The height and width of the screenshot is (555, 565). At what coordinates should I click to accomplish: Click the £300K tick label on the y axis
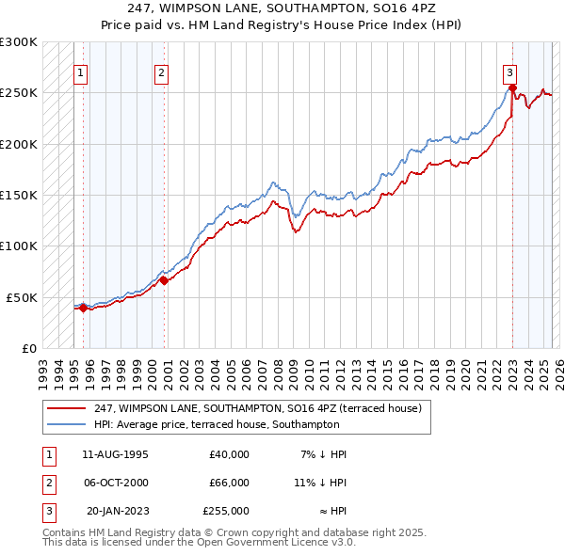(19, 42)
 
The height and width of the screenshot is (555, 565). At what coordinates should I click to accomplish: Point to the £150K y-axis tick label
(19, 195)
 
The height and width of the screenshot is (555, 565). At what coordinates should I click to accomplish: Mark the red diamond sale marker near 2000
(164, 280)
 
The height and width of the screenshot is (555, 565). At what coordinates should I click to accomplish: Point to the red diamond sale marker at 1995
(83, 307)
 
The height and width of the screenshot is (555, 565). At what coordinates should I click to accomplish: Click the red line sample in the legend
(68, 408)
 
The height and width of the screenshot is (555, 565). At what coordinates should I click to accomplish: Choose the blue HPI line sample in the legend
(68, 424)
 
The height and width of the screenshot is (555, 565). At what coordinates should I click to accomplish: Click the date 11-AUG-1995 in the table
(116, 454)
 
